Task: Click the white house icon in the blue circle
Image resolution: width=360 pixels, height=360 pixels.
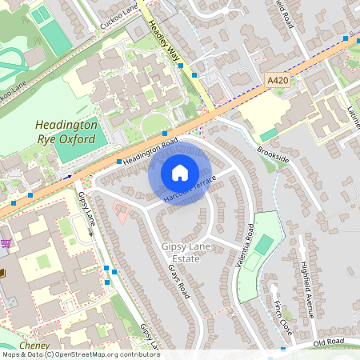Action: (x=180, y=172)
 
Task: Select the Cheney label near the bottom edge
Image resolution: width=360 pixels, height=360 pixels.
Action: (x=34, y=345)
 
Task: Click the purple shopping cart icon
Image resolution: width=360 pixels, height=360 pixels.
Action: (x=6, y=243)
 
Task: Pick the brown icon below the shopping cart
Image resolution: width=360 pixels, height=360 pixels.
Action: (x=2, y=274)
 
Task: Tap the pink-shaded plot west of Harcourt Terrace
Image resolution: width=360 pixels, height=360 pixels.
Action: (x=122, y=213)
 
